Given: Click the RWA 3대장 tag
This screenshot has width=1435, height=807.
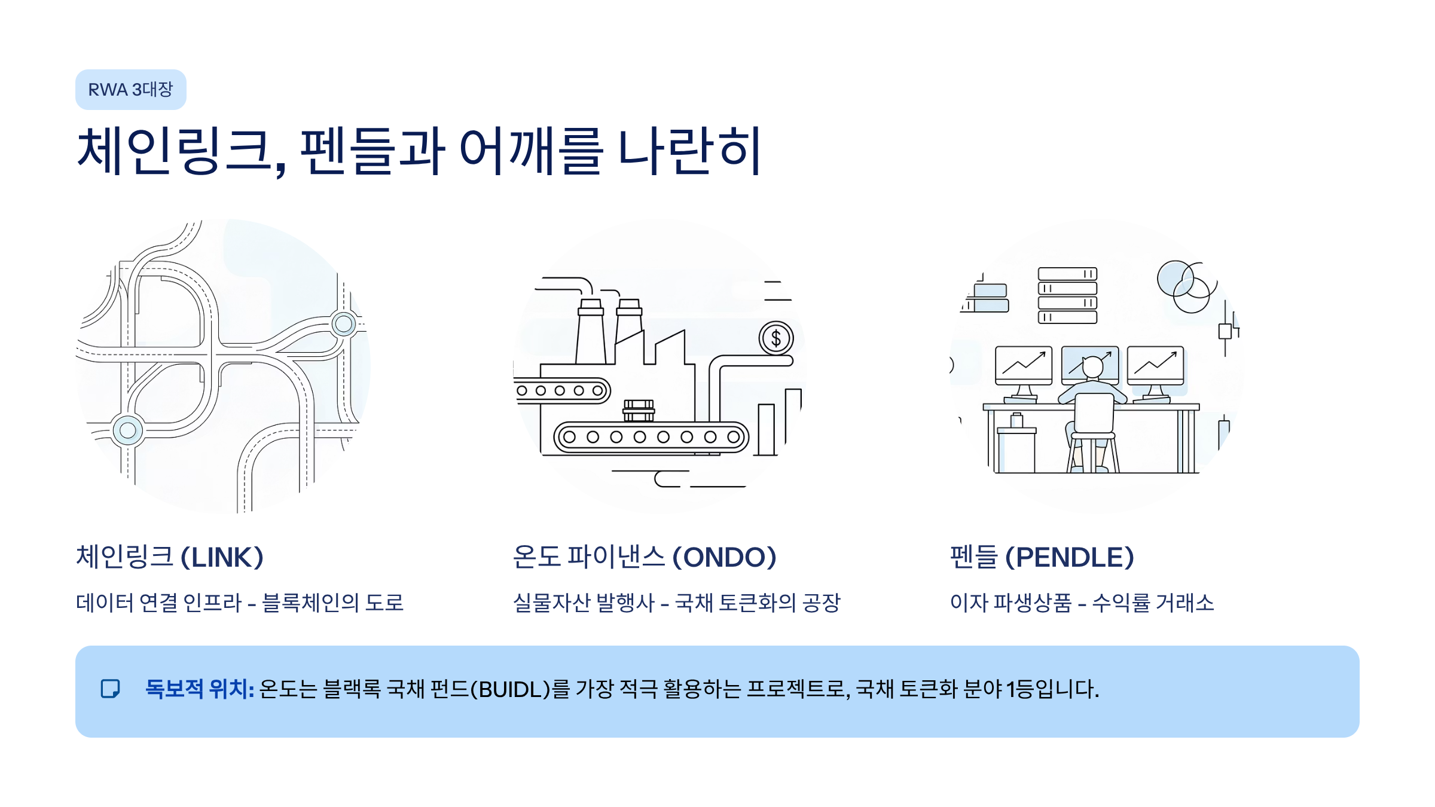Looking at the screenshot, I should (x=130, y=90).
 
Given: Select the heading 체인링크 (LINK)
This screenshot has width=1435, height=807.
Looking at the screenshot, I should (x=170, y=557).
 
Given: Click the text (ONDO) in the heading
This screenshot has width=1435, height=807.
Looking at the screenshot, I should (x=724, y=557).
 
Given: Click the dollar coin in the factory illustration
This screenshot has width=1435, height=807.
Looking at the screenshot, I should (x=775, y=338).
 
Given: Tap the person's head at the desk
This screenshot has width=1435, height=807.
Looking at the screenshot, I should (x=1092, y=366).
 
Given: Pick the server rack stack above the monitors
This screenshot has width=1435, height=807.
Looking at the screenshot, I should (x=1067, y=295).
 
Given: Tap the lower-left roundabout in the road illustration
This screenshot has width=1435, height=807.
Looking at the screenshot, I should (x=127, y=430).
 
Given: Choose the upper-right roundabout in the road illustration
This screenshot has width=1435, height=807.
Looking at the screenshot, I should (x=344, y=324).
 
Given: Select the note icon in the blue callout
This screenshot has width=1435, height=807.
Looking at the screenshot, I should (x=110, y=689).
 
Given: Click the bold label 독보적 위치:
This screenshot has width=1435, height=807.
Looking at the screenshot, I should (x=200, y=689).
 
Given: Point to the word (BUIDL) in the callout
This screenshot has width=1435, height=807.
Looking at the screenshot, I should (x=510, y=689).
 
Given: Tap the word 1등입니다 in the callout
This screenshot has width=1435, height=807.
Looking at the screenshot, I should (x=1052, y=689).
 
